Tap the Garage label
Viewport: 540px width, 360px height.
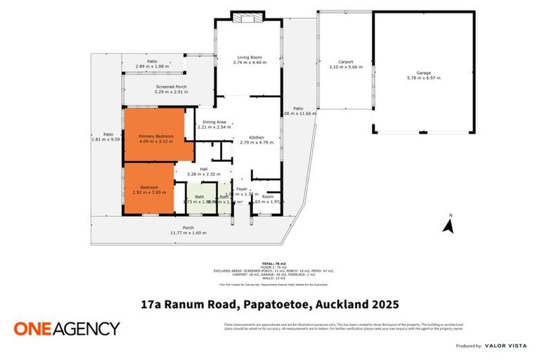[x=423, y=72]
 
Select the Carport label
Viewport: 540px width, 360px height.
[x=345, y=62]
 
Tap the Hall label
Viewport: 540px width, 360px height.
[x=203, y=169]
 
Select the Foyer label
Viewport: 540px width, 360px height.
[x=242, y=189]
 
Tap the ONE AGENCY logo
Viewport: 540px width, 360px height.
[x=67, y=328]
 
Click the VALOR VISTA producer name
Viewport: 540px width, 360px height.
[x=508, y=346]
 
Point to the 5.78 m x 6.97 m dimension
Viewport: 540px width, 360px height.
[x=423, y=78]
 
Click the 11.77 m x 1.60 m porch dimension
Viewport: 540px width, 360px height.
[x=188, y=233]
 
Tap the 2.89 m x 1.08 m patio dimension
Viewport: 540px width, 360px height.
[x=152, y=66]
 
